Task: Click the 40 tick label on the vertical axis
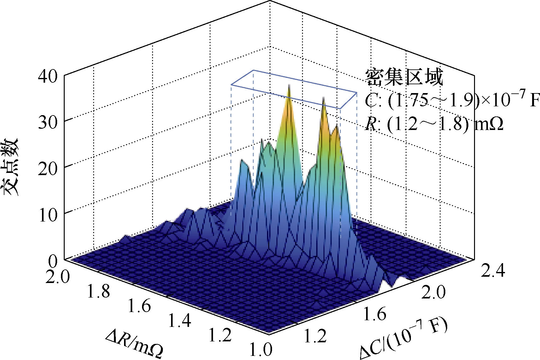click(x=48, y=77)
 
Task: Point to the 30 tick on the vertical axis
click(x=48, y=123)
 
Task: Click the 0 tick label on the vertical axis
click(x=53, y=261)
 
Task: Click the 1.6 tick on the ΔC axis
click(x=375, y=314)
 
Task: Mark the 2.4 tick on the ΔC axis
click(x=493, y=270)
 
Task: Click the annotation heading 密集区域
click(x=404, y=77)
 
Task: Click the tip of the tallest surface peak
click(x=289, y=85)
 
